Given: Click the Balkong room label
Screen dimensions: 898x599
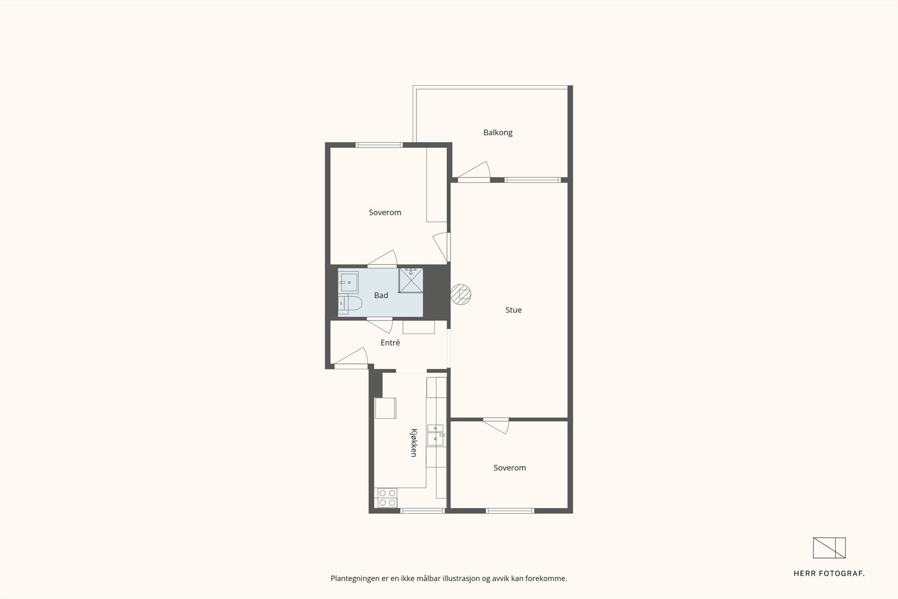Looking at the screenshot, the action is [497, 132].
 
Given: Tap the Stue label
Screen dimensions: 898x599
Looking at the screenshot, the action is [513, 310].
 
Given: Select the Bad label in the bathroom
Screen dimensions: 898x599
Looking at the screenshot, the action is [381, 295].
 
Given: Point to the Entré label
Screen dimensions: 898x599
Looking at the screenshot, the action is [390, 342].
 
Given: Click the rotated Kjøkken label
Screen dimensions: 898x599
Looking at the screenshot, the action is [414, 442].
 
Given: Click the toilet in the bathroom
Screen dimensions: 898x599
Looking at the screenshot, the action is [350, 304].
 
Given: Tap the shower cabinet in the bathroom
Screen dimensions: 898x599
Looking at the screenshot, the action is [410, 280].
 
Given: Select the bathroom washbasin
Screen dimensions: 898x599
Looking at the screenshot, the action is [349, 282].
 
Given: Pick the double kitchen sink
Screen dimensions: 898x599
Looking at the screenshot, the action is [436, 435].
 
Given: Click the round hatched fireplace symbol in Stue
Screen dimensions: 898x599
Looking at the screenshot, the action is [461, 294].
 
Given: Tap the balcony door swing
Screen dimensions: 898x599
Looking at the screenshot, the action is [474, 170].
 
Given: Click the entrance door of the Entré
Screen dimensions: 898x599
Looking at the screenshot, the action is [351, 356].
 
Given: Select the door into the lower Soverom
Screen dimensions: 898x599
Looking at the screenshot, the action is [496, 426].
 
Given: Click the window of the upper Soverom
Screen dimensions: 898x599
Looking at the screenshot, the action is [379, 145].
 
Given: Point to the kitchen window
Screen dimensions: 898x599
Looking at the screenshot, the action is [423, 511].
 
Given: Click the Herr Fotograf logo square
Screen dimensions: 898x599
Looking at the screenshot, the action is [829, 548].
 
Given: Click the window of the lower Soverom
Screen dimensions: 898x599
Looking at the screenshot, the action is [510, 511].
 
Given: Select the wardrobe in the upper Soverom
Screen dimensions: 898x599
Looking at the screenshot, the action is [437, 185].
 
